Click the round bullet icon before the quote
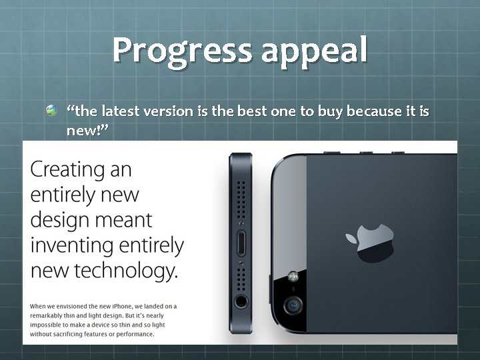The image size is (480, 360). [51, 110]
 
